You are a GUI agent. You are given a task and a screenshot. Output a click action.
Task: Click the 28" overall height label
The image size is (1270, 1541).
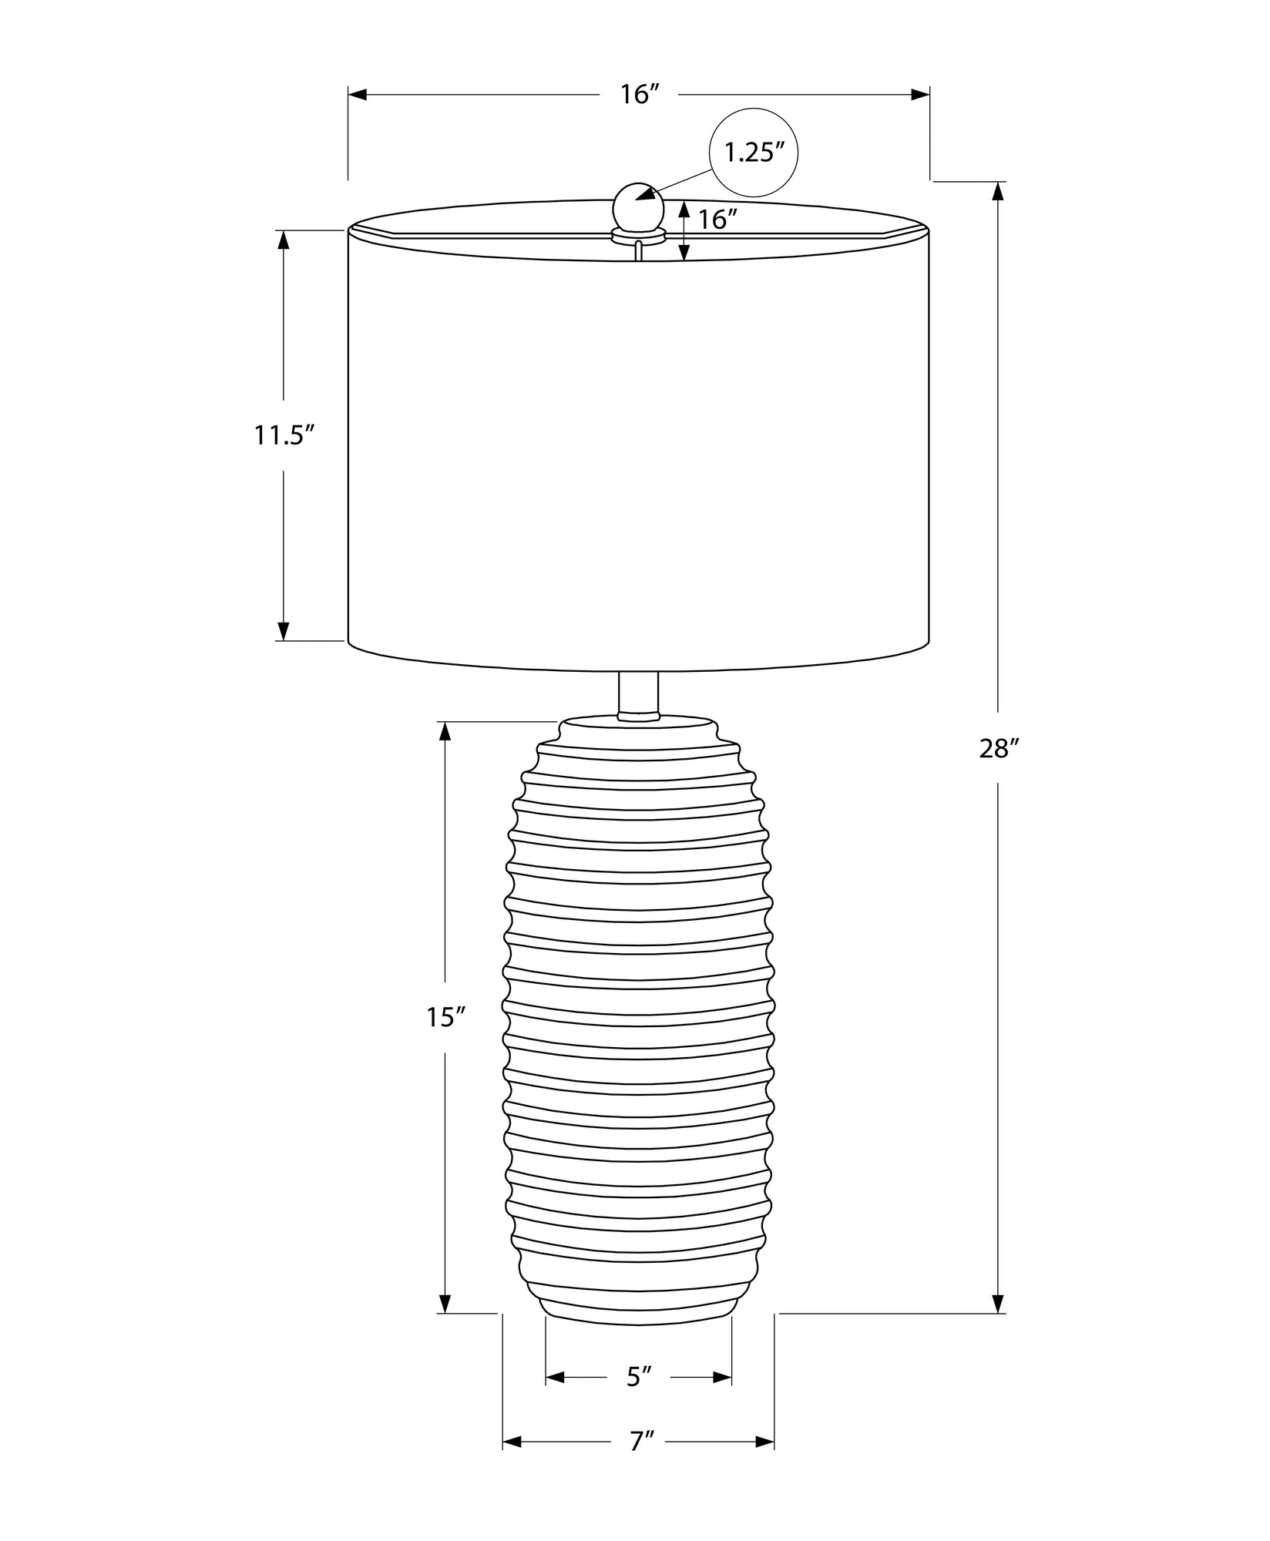1000,747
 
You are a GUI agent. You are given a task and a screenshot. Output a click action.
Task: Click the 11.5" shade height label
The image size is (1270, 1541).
285,435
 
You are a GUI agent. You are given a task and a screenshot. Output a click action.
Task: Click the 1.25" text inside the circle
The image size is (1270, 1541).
753,153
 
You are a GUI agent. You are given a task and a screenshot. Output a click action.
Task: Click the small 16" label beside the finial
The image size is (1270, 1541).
713,220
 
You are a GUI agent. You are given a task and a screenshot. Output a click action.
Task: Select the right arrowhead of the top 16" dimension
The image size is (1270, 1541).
920,95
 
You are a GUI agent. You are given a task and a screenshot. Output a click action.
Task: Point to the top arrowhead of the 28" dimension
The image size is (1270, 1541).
998,190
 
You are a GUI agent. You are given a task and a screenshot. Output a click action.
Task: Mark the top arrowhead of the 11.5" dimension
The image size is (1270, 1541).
284,240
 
